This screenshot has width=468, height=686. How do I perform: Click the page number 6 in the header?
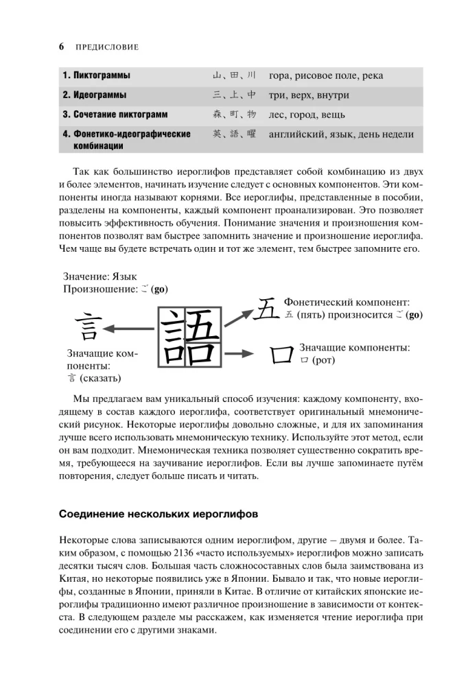62,47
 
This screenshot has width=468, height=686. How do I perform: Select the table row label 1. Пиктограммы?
96,75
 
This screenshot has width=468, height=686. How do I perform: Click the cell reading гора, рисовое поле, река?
326,75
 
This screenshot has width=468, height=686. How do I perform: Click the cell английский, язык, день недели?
341,134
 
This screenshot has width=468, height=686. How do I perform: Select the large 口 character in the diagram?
280,355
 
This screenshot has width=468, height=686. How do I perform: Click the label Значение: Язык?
100,276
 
